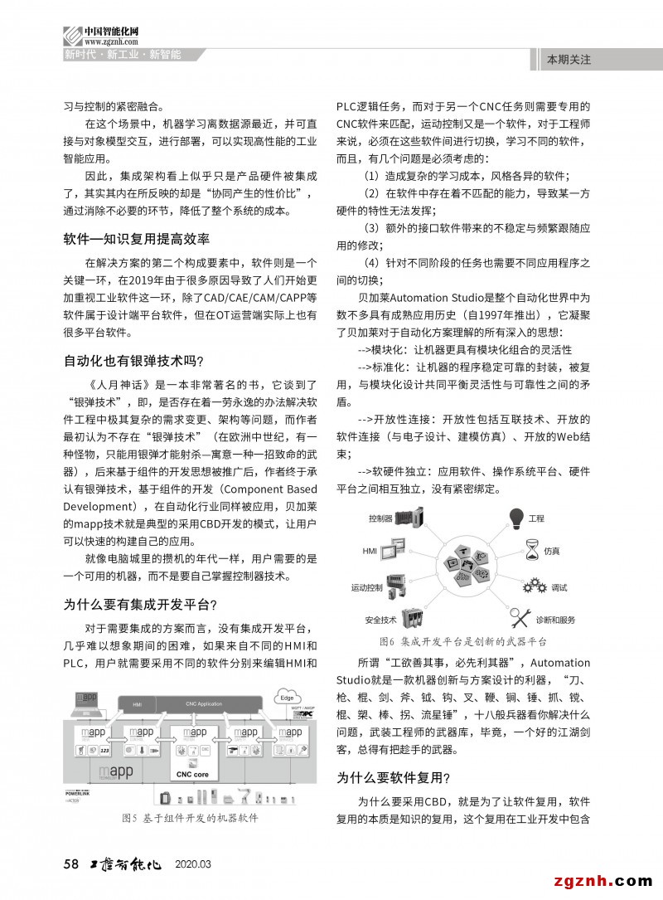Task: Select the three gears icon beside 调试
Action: pyautogui.click(x=534, y=586)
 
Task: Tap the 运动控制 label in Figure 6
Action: pyautogui.click(x=367, y=587)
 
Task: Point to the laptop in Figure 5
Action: pyautogui.click(x=86, y=698)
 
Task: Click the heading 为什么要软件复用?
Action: pyautogui.click(x=394, y=777)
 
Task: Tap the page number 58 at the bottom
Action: pyautogui.click(x=71, y=864)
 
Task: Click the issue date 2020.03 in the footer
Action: pyautogui.click(x=193, y=864)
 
